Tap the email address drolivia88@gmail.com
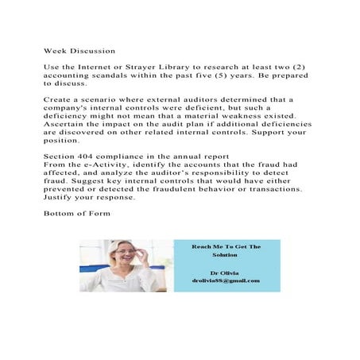click(226, 281)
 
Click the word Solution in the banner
click(226, 255)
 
